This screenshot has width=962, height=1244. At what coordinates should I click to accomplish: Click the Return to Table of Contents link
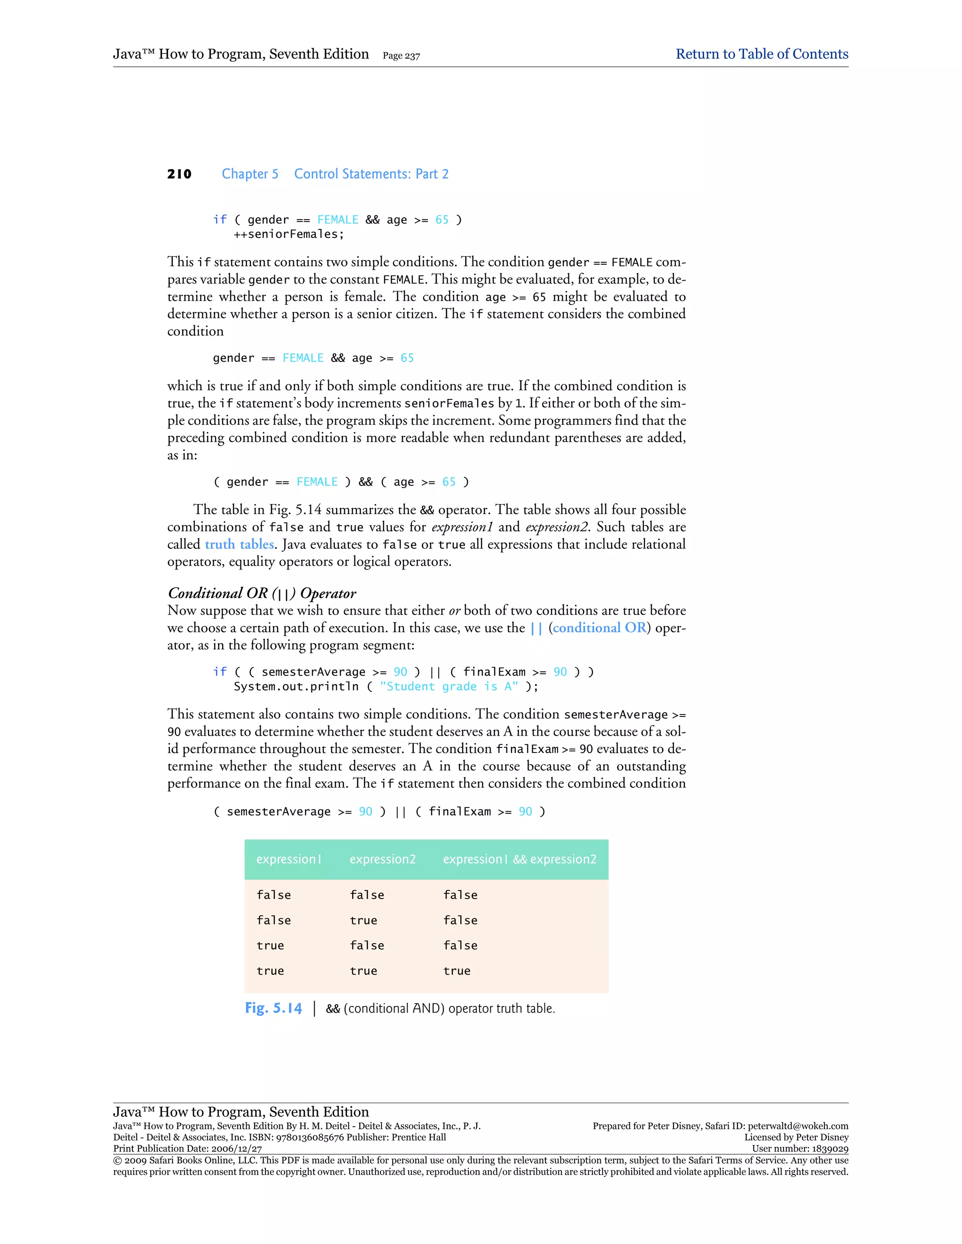tap(761, 54)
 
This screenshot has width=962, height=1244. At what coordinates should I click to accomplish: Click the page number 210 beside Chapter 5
tap(179, 174)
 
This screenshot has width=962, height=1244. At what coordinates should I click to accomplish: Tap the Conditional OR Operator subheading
tap(262, 593)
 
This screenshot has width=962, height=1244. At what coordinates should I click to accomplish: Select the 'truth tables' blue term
tap(240, 545)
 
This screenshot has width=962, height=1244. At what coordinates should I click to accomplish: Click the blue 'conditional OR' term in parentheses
tap(599, 628)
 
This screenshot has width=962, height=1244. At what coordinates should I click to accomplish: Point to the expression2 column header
tap(382, 859)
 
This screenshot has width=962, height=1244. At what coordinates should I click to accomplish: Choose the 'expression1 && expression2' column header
tap(519, 859)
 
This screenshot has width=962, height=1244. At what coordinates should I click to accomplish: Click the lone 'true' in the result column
tap(457, 971)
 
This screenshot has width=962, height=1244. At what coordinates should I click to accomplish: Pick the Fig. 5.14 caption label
tap(273, 1008)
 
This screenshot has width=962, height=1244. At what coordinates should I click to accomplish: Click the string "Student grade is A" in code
tap(449, 686)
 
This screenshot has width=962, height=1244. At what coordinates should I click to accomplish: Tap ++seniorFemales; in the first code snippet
tap(288, 234)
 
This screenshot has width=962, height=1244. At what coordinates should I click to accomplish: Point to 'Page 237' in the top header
tap(401, 56)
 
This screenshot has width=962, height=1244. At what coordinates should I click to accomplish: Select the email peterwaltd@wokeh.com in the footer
tap(798, 1126)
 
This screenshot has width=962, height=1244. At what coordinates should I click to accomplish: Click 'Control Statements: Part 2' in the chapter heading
tap(371, 174)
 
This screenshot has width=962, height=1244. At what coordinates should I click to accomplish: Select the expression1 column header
tap(289, 859)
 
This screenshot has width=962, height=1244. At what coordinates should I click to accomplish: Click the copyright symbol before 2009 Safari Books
tap(117, 1160)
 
